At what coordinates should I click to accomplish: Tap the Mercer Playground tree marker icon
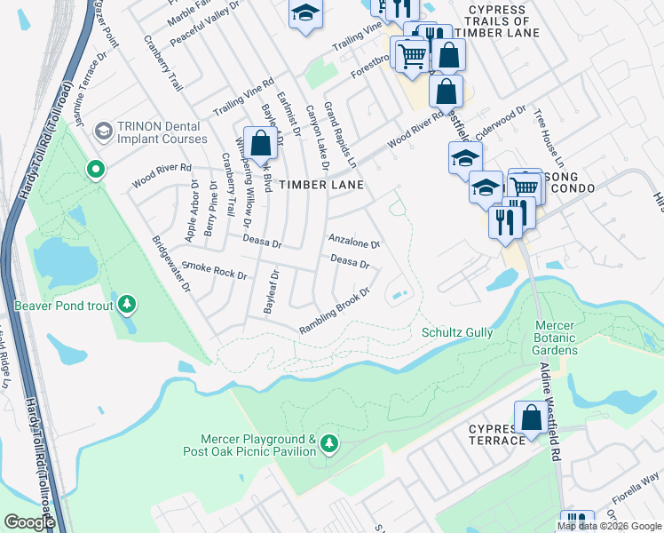click(329, 443)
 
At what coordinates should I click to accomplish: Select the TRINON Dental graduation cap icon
click(104, 131)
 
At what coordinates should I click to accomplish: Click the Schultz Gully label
click(456, 332)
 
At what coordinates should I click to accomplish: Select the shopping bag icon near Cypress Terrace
click(530, 418)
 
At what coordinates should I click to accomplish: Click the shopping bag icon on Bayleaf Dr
click(259, 144)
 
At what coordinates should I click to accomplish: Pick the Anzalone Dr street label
click(354, 242)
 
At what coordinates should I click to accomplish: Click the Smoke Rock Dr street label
click(213, 270)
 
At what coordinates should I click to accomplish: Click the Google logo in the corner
click(29, 522)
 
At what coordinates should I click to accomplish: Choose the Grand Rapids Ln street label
click(340, 136)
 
